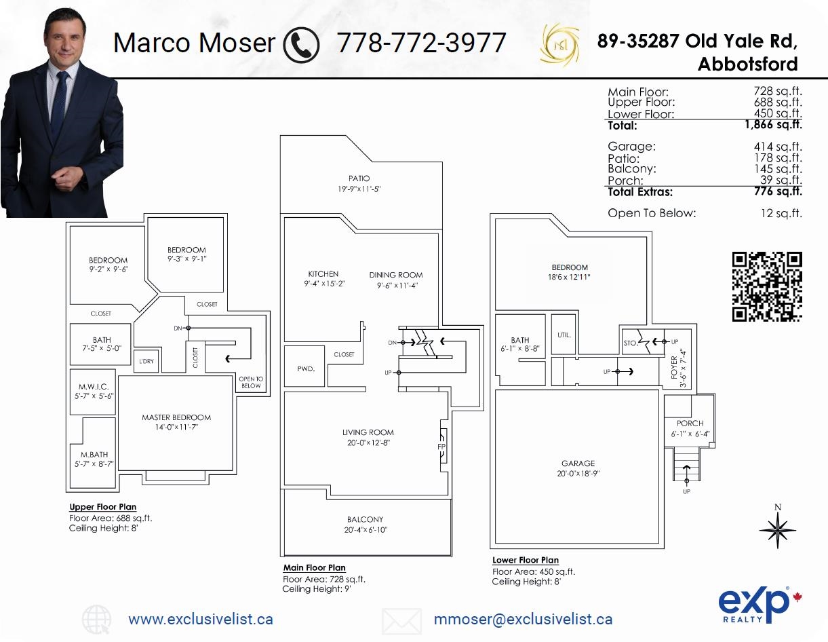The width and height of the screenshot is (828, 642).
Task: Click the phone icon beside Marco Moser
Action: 301,44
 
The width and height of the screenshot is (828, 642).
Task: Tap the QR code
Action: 767,286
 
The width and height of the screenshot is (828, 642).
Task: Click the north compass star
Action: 777,529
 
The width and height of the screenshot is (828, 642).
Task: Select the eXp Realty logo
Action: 753,605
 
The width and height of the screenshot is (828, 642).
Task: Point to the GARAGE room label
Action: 578,464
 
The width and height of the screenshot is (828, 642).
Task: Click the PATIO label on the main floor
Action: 359,178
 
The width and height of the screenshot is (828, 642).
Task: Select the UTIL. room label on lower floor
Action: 564,335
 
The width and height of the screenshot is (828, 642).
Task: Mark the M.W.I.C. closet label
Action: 93,386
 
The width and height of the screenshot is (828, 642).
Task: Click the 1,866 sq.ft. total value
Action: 773,125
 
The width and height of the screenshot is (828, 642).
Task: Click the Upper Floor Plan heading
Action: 102,507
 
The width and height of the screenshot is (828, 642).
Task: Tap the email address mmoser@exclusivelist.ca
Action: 523,619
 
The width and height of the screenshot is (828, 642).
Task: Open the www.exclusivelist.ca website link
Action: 201,619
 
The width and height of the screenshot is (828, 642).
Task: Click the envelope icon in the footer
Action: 401,620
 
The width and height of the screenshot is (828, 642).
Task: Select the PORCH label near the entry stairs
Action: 690,423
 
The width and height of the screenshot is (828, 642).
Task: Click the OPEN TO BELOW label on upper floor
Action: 251,382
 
